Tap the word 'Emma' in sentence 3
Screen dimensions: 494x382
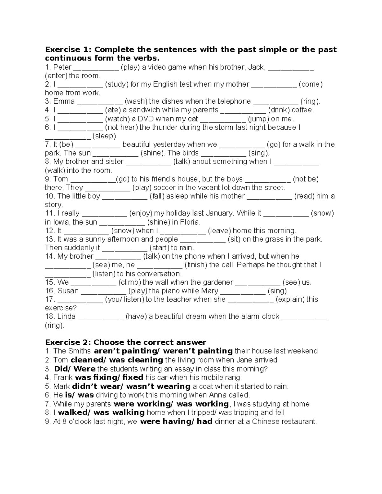pos(64,101)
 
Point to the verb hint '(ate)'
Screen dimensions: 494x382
pos(111,110)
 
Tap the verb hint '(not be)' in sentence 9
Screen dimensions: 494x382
pos(306,179)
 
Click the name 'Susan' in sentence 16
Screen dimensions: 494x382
pos(68,291)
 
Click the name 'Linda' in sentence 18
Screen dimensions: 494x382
pos(67,317)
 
